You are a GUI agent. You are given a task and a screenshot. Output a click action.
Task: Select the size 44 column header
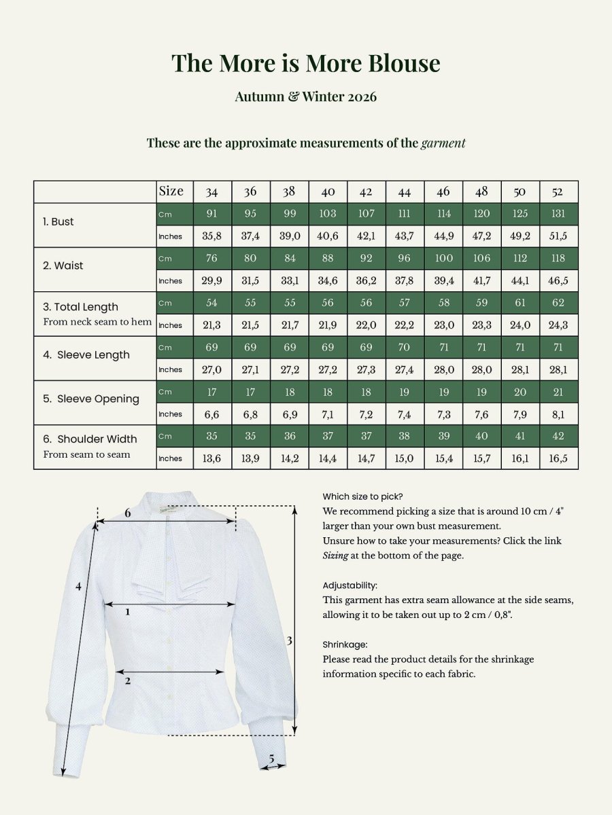pyautogui.click(x=405, y=192)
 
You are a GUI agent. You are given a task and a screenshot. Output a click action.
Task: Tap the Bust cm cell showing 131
pyautogui.click(x=558, y=213)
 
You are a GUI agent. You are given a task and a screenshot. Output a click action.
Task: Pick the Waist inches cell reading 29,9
pyautogui.click(x=211, y=280)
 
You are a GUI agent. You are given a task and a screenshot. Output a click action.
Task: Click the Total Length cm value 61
pyautogui.click(x=520, y=303)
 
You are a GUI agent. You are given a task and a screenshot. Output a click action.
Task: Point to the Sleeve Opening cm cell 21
pyautogui.click(x=558, y=392)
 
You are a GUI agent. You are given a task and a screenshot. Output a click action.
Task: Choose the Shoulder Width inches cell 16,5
pyautogui.click(x=558, y=458)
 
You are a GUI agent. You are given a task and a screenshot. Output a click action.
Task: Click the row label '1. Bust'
pyautogui.click(x=58, y=221)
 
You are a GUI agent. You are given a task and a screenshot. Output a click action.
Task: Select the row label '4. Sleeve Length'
pyautogui.click(x=86, y=355)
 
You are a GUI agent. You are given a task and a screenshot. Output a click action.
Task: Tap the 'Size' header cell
pyautogui.click(x=171, y=191)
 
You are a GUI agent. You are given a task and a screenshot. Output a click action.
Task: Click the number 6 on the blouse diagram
pyautogui.click(x=127, y=513)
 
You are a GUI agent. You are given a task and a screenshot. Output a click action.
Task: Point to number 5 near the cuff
pyautogui.click(x=271, y=759)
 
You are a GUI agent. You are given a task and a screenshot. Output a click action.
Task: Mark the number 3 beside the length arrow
pyautogui.click(x=289, y=641)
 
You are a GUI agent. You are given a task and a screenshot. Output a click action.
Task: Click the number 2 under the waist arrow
pyautogui.click(x=127, y=681)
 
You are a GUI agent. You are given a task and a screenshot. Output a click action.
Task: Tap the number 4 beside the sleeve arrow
pyautogui.click(x=78, y=586)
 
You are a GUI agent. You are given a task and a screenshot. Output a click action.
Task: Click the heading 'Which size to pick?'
pyautogui.click(x=362, y=496)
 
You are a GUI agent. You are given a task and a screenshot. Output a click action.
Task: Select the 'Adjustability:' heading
pyautogui.click(x=350, y=585)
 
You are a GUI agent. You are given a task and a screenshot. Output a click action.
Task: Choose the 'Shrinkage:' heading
pyautogui.click(x=345, y=645)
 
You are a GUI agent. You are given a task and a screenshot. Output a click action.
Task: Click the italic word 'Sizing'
pyautogui.click(x=335, y=556)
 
